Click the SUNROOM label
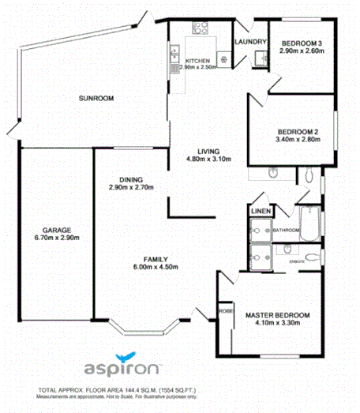(96, 98)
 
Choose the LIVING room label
(208, 151)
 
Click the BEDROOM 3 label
(301, 42)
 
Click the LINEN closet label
(260, 212)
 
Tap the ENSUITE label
(297, 258)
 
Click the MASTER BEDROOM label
(277, 315)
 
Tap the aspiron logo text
(123, 369)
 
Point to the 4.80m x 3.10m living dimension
(208, 160)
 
